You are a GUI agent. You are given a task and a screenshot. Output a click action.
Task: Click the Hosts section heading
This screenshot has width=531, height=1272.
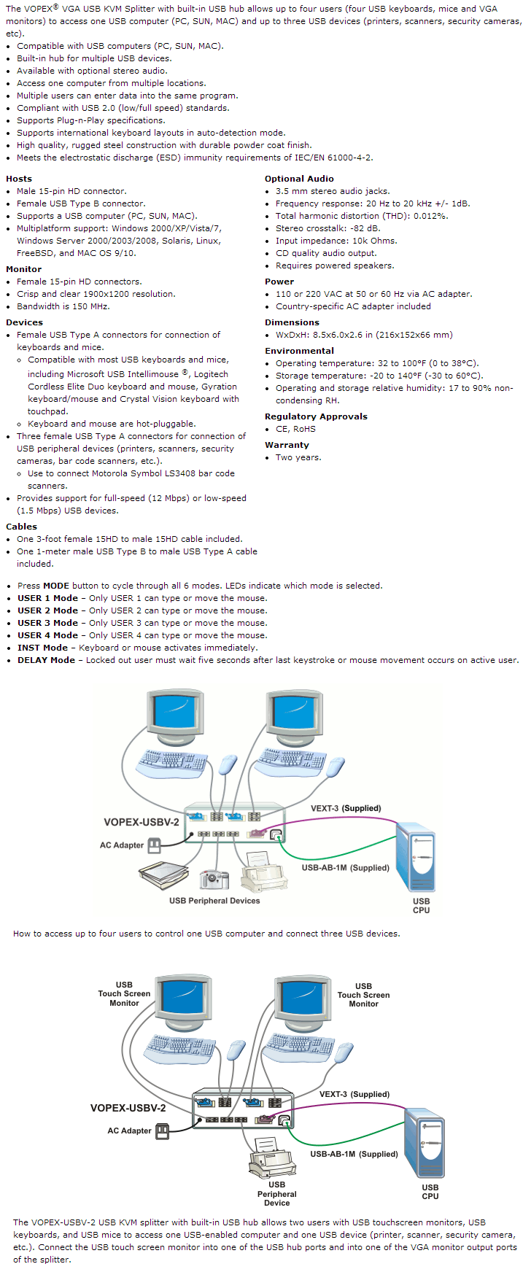(19, 179)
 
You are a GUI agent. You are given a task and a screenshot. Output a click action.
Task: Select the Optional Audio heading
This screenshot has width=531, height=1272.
(299, 179)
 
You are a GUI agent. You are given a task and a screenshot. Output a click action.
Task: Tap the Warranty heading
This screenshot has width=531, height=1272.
(287, 445)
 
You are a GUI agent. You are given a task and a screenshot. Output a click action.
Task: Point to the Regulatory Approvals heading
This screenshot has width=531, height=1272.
(316, 416)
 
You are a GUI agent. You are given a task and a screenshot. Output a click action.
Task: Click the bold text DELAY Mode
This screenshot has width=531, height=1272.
(46, 660)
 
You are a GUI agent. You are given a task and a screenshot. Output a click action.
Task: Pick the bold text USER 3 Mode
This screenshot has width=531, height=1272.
(47, 623)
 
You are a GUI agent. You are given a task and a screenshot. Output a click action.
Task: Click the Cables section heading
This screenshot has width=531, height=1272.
(21, 527)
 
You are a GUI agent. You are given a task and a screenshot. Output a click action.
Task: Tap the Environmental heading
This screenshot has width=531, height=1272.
(299, 351)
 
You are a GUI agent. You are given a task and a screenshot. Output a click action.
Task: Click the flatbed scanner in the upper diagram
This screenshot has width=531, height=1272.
(163, 874)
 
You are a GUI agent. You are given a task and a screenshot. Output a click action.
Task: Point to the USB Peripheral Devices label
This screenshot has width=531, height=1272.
(214, 901)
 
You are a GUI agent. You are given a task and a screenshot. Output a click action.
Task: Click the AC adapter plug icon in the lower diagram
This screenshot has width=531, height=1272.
(162, 1131)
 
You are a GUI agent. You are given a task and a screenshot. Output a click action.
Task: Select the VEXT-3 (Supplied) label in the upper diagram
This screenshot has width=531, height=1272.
(346, 808)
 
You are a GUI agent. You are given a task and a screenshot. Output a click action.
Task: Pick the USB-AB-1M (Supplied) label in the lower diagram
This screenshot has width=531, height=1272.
(354, 1154)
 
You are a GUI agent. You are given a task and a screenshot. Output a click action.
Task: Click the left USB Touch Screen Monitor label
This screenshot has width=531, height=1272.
(124, 993)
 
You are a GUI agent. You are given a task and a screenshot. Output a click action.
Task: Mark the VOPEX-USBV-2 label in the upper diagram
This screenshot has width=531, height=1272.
(141, 822)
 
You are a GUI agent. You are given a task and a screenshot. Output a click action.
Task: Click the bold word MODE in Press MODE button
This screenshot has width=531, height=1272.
(56, 586)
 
